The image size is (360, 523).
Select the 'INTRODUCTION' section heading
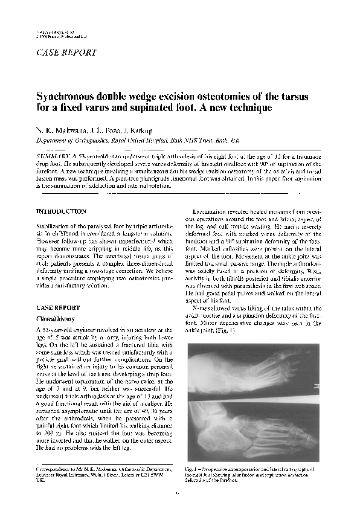point(61,211)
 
